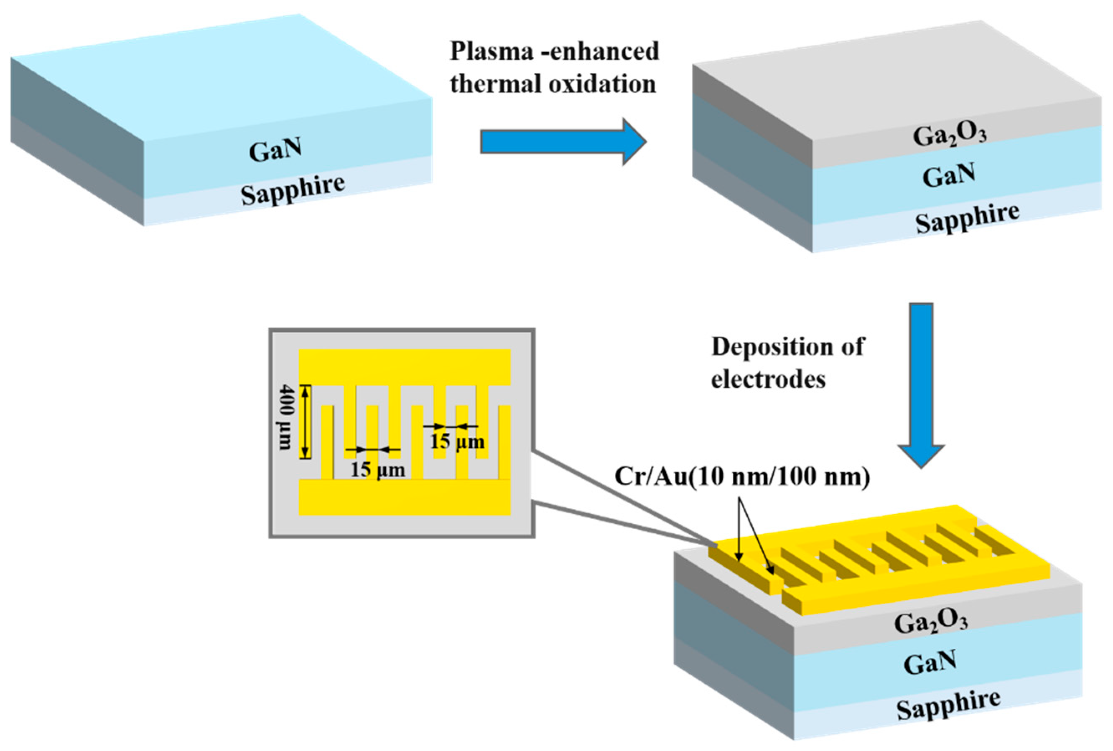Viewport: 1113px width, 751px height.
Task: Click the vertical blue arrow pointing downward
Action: [920, 378]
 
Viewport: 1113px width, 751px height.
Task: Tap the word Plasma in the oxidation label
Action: [491, 51]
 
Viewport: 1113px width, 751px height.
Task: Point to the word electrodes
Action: [768, 380]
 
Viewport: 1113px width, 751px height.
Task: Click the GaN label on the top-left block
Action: [275, 150]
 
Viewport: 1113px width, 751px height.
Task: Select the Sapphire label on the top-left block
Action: [292, 190]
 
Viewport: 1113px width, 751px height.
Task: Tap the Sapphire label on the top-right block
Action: [967, 218]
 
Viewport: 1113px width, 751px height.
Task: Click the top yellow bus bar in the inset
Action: [405, 366]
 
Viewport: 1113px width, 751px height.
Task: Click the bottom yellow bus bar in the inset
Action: [405, 497]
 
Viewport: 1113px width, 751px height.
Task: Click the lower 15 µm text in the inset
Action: [378, 470]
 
